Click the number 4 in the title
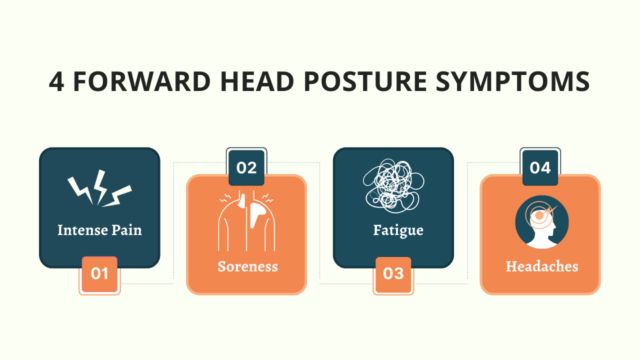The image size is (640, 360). (x=56, y=82)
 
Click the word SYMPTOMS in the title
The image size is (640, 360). (x=513, y=82)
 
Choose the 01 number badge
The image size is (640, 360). (x=99, y=274)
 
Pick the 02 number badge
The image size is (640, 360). (x=246, y=168)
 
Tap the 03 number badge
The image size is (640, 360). (x=393, y=274)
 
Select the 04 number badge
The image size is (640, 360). (x=540, y=168)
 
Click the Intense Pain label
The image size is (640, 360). (x=99, y=230)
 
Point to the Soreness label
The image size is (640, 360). (x=247, y=266)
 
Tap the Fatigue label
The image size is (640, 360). (x=398, y=230)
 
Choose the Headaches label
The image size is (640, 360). (x=541, y=266)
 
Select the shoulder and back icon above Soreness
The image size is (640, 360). (x=246, y=220)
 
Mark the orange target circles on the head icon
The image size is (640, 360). (x=538, y=213)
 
